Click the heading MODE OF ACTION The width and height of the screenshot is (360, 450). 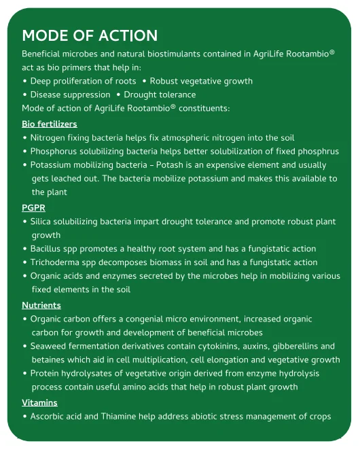pyautogui.click(x=90, y=35)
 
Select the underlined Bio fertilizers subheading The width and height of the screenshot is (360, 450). pyautogui.click(x=50, y=124)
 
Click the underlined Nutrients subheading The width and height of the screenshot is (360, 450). pyautogui.click(x=41, y=305)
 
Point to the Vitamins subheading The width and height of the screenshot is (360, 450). pyautogui.click(x=39, y=402)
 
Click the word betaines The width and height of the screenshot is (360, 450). pyautogui.click(x=50, y=360)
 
